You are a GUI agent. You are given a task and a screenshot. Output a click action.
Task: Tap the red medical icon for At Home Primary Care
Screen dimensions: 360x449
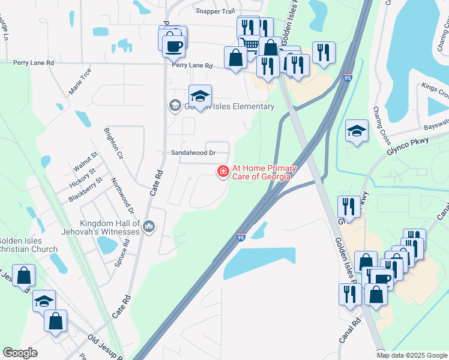223,172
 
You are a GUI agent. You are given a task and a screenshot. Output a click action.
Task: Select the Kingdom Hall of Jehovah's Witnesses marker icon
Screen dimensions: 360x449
149,227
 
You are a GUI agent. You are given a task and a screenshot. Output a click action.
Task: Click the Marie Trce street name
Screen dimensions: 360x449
80,80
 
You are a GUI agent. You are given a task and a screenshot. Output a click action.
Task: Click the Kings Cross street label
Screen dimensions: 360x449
435,91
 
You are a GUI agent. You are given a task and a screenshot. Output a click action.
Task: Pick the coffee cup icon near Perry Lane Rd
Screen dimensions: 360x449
174,44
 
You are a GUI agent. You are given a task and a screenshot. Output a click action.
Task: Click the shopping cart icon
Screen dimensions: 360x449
250,44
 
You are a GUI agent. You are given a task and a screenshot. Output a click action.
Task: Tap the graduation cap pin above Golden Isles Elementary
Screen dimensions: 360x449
200,95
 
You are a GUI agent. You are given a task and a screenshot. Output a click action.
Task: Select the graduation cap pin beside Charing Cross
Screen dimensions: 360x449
357,131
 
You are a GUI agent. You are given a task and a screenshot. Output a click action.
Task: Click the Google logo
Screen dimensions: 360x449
20,353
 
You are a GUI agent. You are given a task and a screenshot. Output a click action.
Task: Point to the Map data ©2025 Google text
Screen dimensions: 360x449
411,355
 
